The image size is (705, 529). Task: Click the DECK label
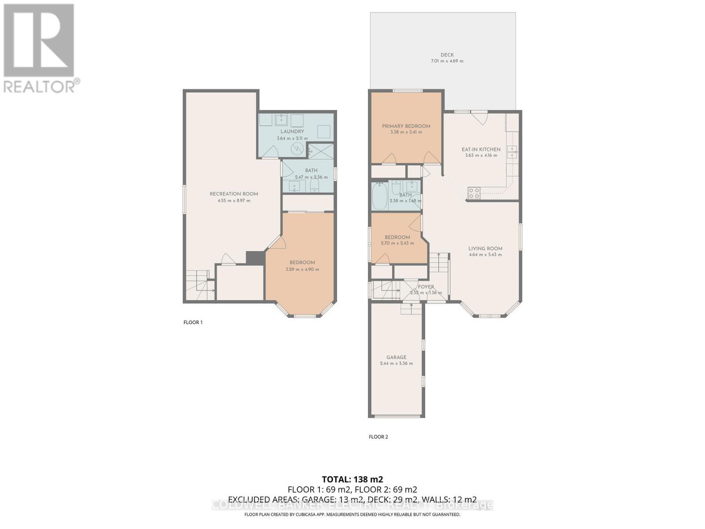tap(447, 55)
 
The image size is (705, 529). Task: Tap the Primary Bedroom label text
tap(406, 126)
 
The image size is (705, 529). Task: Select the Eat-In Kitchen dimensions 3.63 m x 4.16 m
tap(481, 155)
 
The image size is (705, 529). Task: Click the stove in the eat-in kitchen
tap(474, 193)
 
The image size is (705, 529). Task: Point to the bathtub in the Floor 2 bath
tap(379, 197)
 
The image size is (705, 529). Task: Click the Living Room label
tap(485, 249)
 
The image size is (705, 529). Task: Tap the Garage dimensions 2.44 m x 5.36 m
tap(396, 364)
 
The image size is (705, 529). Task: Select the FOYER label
tap(426, 287)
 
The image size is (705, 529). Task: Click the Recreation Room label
tap(234, 194)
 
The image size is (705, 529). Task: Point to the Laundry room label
tap(292, 131)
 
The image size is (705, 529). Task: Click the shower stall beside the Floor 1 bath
tap(320, 151)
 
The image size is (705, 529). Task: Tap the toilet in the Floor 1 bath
tap(315, 185)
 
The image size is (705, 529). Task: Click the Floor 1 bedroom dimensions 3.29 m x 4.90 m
tap(302, 269)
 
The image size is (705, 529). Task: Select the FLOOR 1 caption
tap(193, 322)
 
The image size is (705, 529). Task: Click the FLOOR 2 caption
tap(378, 437)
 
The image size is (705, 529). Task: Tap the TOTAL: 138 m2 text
tap(352, 479)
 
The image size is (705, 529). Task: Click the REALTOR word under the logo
tap(40, 86)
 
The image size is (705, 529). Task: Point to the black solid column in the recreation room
tap(255, 258)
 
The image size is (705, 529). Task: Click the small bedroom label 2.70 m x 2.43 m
tap(397, 243)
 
